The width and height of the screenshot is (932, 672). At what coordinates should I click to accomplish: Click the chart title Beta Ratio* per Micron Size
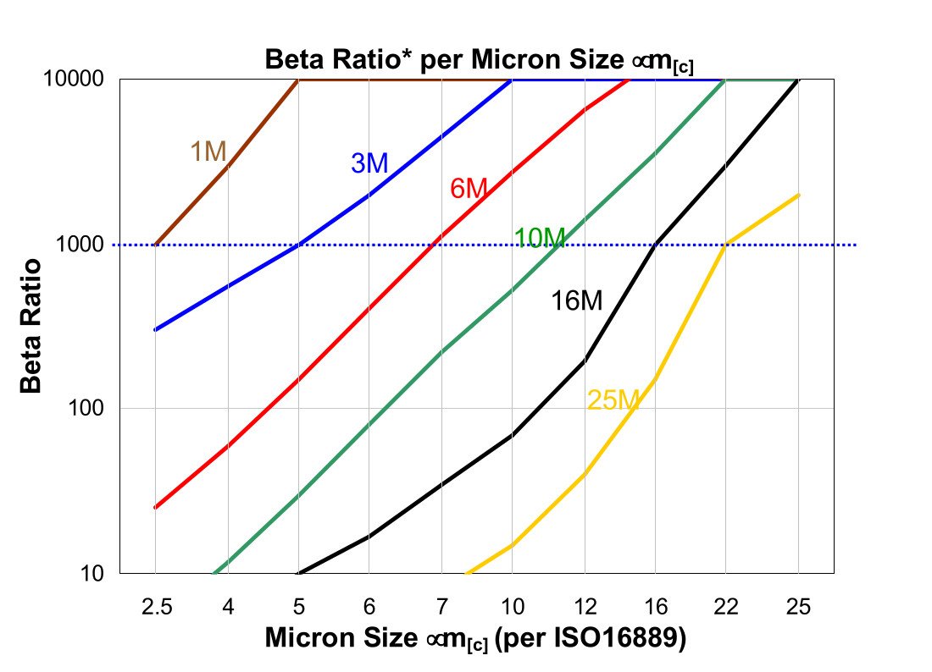479,61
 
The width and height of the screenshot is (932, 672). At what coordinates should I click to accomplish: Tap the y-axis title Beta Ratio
31,326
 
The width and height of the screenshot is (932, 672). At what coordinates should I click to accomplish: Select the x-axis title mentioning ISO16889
474,638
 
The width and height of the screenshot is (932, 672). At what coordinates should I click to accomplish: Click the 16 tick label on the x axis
655,607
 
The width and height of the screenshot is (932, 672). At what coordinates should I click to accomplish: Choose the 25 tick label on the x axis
797,607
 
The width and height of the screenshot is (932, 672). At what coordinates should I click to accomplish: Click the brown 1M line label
208,151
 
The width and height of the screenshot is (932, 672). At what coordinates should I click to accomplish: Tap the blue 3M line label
369,163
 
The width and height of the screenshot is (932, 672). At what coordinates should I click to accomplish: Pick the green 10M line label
540,239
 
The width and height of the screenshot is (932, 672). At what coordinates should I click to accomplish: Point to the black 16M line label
576,300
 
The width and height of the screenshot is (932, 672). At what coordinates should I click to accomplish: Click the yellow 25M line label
612,400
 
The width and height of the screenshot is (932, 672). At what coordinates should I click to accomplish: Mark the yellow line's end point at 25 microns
798,196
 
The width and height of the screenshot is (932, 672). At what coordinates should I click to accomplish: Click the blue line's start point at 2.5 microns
155,330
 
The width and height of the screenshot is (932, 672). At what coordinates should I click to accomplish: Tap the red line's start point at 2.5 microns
155,508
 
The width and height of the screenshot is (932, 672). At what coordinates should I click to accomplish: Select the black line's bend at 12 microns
584,361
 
